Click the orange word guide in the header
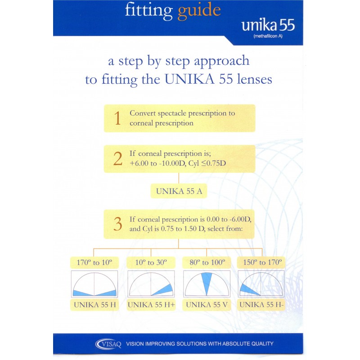(x=199, y=11)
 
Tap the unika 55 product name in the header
(x=268, y=25)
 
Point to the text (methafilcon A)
(x=268, y=36)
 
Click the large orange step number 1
(x=117, y=118)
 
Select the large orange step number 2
(x=118, y=159)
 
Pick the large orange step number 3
(x=118, y=224)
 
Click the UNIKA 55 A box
(x=179, y=191)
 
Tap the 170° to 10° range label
(x=94, y=262)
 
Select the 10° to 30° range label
(x=151, y=262)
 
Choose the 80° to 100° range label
(x=207, y=262)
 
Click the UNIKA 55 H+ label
(x=151, y=305)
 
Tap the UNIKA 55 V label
(x=207, y=305)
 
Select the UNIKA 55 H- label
(x=261, y=305)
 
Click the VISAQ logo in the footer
(x=108, y=344)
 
